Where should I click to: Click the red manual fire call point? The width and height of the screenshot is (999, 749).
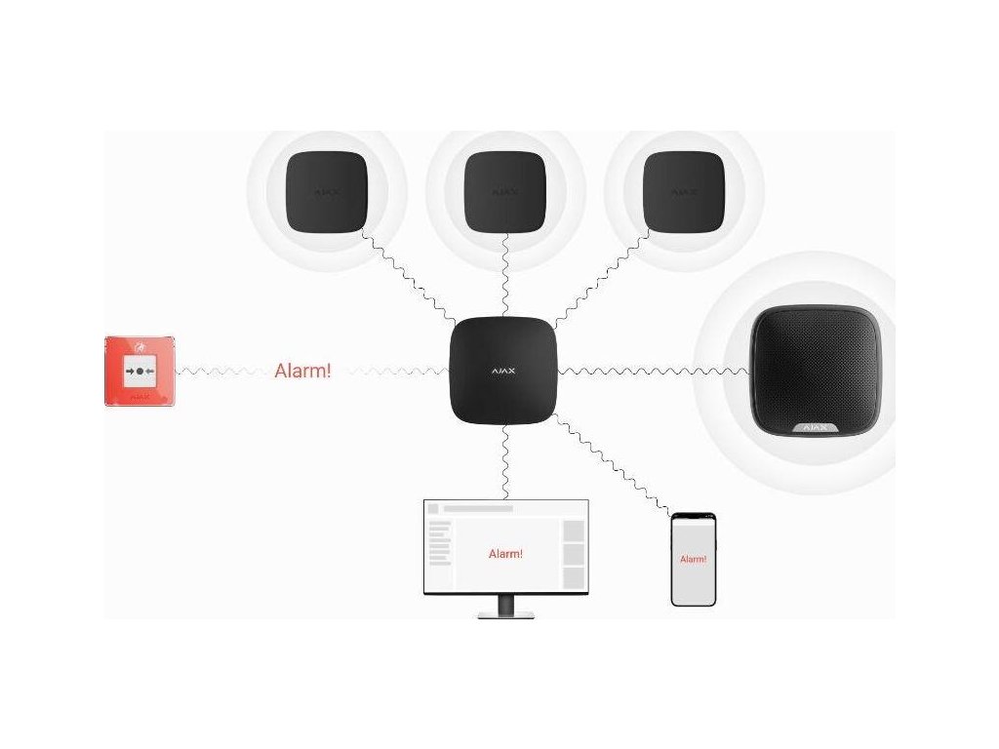click(140, 371)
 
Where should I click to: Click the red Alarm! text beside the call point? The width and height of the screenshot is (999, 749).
click(302, 371)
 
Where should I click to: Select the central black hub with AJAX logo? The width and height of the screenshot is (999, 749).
click(502, 371)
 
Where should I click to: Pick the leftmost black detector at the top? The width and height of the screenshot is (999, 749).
click(326, 192)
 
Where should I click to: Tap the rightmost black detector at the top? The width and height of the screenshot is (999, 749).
click(684, 192)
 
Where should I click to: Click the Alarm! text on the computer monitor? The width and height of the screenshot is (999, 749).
click(505, 554)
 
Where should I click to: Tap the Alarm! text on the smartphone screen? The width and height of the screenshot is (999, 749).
click(693, 560)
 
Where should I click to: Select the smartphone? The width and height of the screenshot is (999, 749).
click(693, 560)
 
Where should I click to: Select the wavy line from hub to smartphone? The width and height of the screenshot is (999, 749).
click(613, 466)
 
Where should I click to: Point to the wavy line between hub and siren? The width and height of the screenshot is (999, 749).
click(654, 371)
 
